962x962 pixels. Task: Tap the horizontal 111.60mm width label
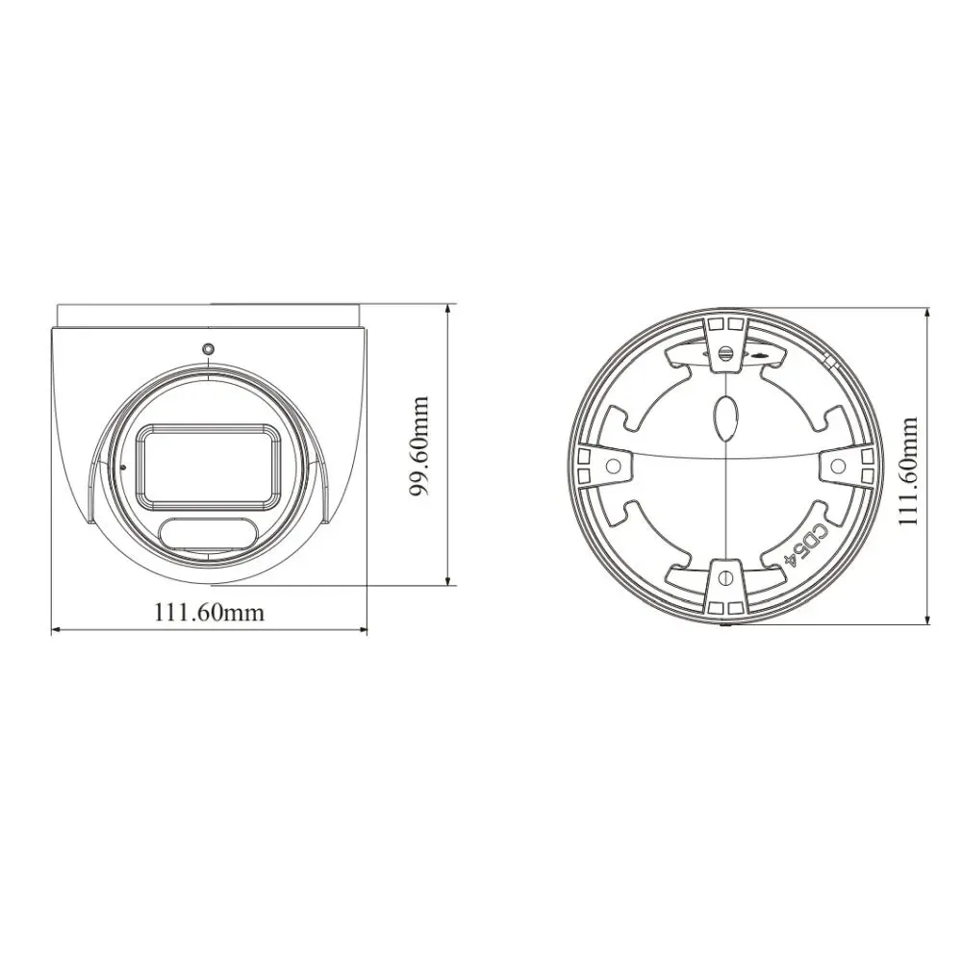point(209,612)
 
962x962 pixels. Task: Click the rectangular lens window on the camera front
point(207,465)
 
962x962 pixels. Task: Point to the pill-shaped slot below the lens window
point(209,532)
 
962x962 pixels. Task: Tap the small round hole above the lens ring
point(208,348)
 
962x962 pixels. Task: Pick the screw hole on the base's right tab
point(837,466)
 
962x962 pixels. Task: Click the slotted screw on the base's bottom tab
point(724,578)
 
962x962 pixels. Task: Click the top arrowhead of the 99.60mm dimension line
point(448,311)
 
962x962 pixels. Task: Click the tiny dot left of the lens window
point(123,468)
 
